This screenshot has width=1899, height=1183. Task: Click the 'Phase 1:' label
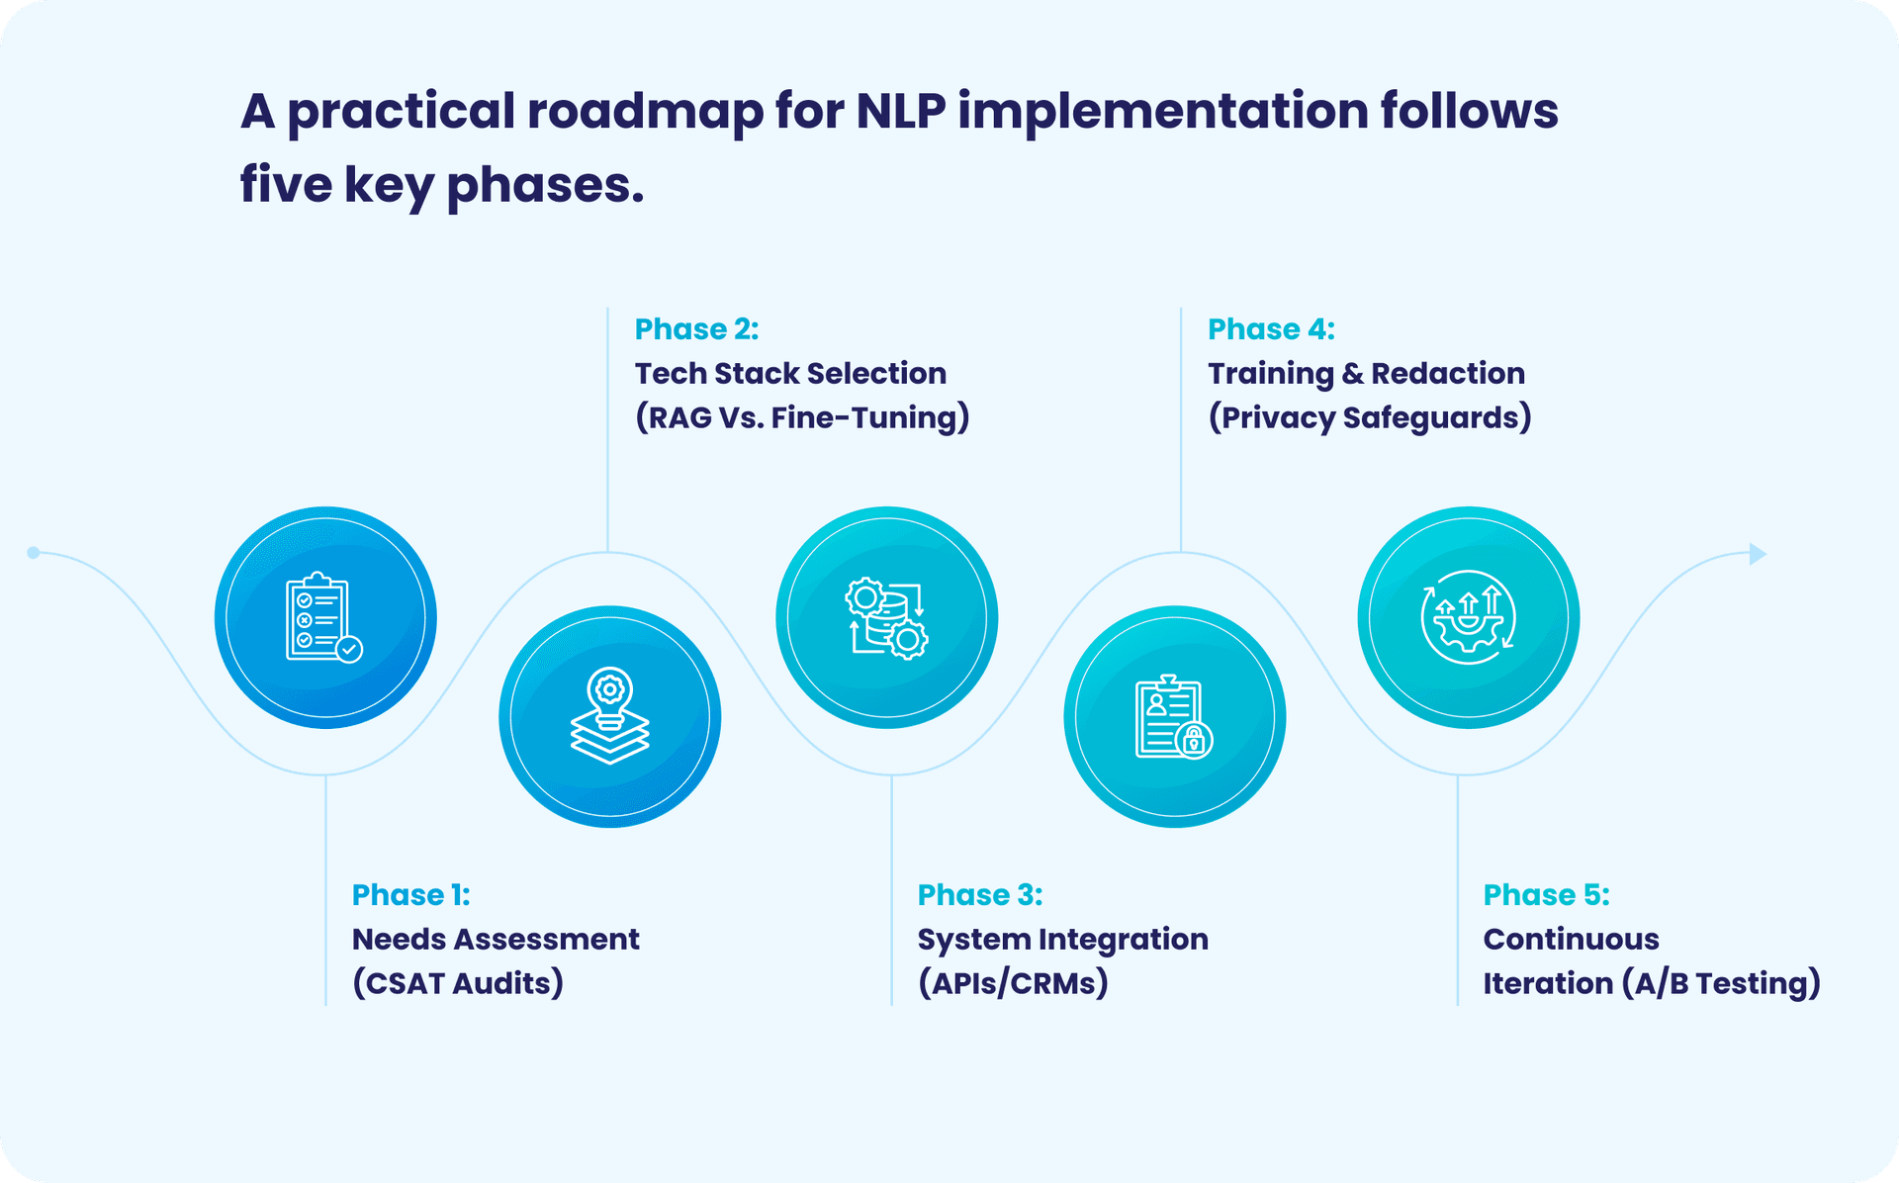click(x=410, y=895)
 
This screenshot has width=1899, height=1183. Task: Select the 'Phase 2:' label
click(x=696, y=329)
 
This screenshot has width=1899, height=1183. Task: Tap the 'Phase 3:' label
click(x=979, y=895)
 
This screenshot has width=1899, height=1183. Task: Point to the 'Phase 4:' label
click(x=1271, y=329)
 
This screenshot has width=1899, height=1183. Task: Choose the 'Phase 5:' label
click(x=1546, y=895)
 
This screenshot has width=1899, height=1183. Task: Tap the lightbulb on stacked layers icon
click(x=609, y=716)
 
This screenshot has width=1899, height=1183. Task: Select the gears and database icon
click(x=886, y=617)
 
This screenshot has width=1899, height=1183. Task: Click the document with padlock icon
click(x=1174, y=716)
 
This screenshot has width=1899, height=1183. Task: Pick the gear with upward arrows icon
click(x=1468, y=617)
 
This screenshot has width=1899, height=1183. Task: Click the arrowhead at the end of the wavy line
click(x=1757, y=554)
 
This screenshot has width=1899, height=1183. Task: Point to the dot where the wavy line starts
click(x=34, y=552)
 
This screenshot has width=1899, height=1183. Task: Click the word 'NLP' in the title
click(x=899, y=111)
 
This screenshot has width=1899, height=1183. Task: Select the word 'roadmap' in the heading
click(x=645, y=111)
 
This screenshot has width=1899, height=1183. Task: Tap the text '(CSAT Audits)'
click(x=458, y=983)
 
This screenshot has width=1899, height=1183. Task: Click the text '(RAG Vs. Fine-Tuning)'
click(x=801, y=417)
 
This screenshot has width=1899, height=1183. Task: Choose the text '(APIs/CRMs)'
click(x=1013, y=983)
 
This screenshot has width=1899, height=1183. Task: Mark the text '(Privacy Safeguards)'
click(x=1369, y=417)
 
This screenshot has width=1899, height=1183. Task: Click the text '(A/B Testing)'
click(x=1721, y=983)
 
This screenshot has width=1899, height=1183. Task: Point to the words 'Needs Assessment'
click(x=496, y=939)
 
